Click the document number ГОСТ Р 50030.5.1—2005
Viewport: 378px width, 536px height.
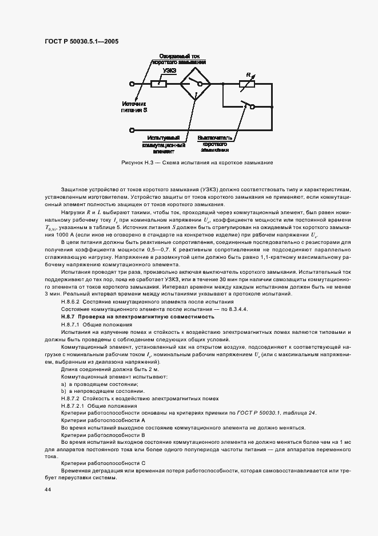[81, 41]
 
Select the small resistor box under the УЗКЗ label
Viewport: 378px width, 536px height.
[158, 84]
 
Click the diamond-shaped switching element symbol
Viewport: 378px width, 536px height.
[195, 84]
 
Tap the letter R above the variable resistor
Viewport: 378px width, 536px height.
[247, 74]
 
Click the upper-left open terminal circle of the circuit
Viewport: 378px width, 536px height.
[133, 84]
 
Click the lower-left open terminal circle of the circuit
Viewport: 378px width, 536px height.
[133, 129]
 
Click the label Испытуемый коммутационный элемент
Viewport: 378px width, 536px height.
[168, 145]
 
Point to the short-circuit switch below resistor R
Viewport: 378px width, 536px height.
[248, 107]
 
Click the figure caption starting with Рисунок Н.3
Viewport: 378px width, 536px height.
[197, 163]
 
